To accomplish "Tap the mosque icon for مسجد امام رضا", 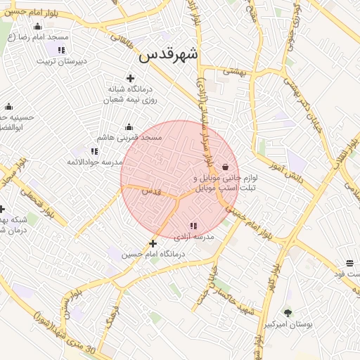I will pos(37,27).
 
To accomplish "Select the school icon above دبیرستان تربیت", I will pos(61,50).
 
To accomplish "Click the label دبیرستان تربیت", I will pos(62,61).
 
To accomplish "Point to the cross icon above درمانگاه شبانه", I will pos(129,78).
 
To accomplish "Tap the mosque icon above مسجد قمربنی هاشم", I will pos(129,127).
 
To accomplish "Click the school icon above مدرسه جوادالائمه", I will pos(94,151).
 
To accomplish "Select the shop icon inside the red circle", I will pos(225,167).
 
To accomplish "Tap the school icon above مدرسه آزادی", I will pos(193,226).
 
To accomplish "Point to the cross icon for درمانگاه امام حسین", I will pos(153,243).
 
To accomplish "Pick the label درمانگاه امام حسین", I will pos(153,255).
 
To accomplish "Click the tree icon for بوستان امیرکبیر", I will pos(288,313).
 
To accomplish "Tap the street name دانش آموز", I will pos(288,175).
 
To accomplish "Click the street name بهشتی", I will pos(233,70).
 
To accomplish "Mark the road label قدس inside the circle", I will pos(151,191).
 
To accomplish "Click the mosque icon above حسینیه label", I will pos(8,107).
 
